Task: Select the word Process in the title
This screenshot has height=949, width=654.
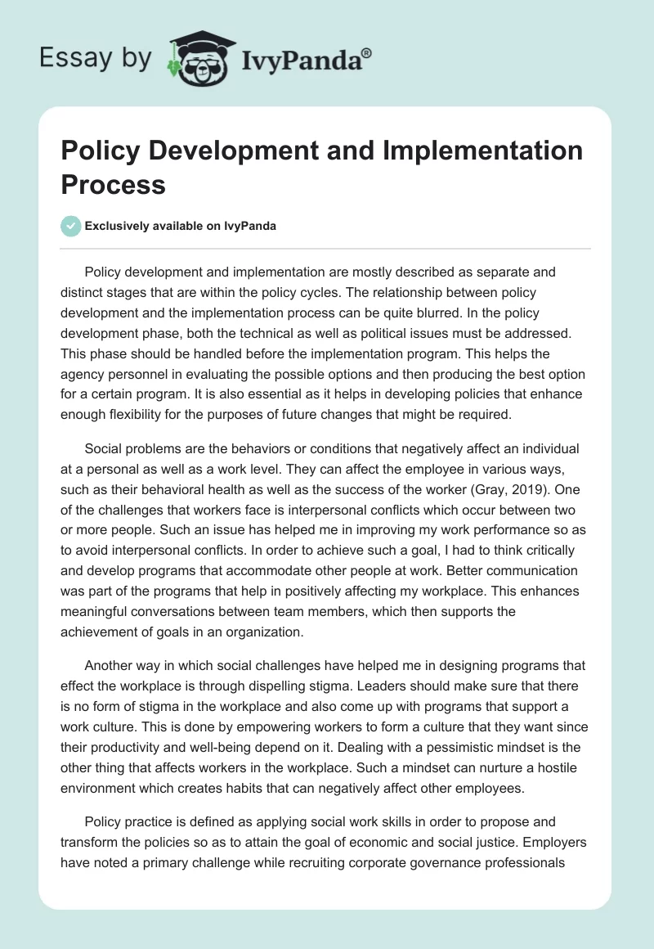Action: coord(114,184)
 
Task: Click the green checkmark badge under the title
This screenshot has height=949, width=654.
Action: coord(71,226)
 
